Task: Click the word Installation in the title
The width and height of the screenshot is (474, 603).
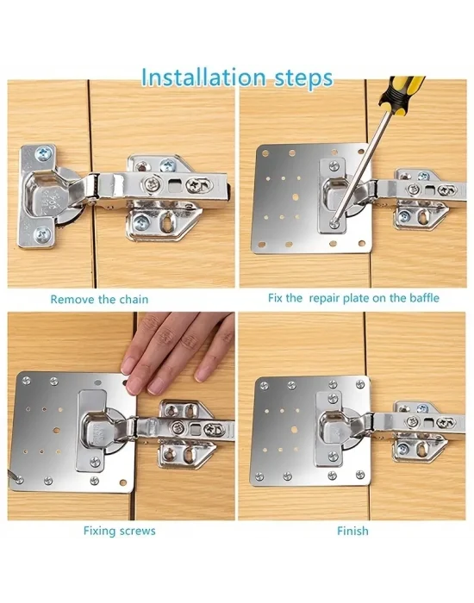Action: (203, 77)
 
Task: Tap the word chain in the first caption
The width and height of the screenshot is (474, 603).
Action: (134, 299)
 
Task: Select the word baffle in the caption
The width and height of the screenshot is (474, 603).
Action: (424, 298)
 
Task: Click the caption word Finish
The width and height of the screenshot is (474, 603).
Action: (352, 532)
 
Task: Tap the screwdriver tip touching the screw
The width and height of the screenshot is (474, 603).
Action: (334, 222)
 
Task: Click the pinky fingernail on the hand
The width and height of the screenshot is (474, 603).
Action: (202, 374)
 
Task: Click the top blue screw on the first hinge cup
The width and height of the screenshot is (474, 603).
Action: (43, 153)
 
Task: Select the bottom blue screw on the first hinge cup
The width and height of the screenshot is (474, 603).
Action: (41, 234)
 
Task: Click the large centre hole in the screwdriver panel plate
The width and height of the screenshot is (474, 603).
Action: (296, 197)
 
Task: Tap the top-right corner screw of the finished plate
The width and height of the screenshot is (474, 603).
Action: (360, 383)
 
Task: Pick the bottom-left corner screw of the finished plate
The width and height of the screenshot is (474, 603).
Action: (259, 477)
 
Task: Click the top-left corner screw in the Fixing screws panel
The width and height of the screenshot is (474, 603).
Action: (26, 381)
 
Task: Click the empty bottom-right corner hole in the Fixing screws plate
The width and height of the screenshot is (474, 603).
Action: (123, 482)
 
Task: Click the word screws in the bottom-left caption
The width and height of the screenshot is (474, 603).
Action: (138, 532)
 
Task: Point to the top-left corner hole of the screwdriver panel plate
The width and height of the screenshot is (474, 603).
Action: (265, 153)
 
